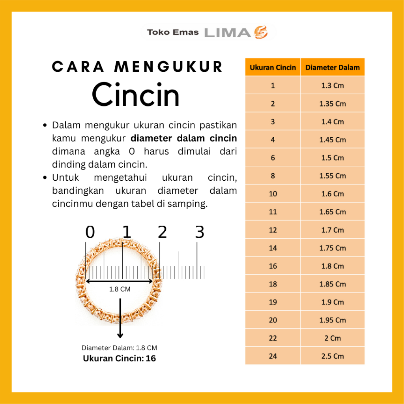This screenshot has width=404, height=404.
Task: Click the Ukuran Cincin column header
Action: point(273,67)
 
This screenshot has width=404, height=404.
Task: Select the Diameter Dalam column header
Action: point(333,67)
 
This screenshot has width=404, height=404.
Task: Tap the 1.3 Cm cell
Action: point(333,86)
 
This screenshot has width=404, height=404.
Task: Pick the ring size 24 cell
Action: point(273,356)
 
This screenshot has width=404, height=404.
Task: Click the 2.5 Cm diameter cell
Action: point(333,356)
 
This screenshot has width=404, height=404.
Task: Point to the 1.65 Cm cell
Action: point(333,212)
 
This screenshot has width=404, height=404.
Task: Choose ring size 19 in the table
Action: point(273,302)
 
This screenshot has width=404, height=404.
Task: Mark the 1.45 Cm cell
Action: point(333,140)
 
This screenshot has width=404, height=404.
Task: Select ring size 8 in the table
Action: point(273,176)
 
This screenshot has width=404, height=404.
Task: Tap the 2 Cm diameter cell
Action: point(333,338)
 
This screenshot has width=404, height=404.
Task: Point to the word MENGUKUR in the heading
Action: point(168,67)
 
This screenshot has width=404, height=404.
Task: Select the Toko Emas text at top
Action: point(173,32)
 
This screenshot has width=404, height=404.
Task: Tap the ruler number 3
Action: point(200,232)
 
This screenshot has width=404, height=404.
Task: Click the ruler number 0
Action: point(90,232)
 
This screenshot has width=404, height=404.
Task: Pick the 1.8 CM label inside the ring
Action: point(120,289)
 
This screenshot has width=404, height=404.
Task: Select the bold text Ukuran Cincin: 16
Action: point(119,359)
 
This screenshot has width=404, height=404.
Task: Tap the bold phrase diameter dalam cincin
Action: point(184,138)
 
